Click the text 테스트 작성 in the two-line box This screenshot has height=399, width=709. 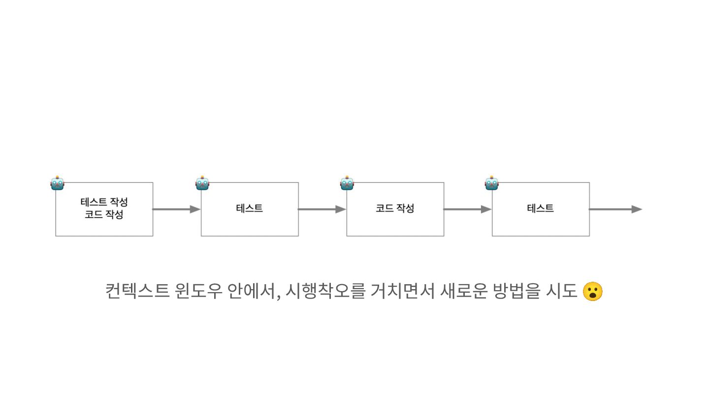pyautogui.click(x=104, y=202)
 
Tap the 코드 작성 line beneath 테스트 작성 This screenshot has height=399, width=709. pyautogui.click(x=104, y=215)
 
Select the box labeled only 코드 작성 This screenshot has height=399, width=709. pyautogui.click(x=395, y=208)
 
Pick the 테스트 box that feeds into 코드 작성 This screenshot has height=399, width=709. pyautogui.click(x=250, y=208)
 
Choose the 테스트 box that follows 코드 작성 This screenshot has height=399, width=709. pyautogui.click(x=541, y=208)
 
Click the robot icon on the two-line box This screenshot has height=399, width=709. pyautogui.click(x=57, y=183)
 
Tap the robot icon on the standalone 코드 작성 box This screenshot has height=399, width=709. pyautogui.click(x=347, y=183)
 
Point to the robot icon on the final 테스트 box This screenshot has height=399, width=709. pyautogui.click(x=492, y=183)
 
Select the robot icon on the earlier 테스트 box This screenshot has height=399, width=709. pyautogui.click(x=202, y=183)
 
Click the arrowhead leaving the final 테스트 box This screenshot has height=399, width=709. pyautogui.click(x=637, y=209)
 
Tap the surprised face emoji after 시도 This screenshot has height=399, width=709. pyautogui.click(x=592, y=291)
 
